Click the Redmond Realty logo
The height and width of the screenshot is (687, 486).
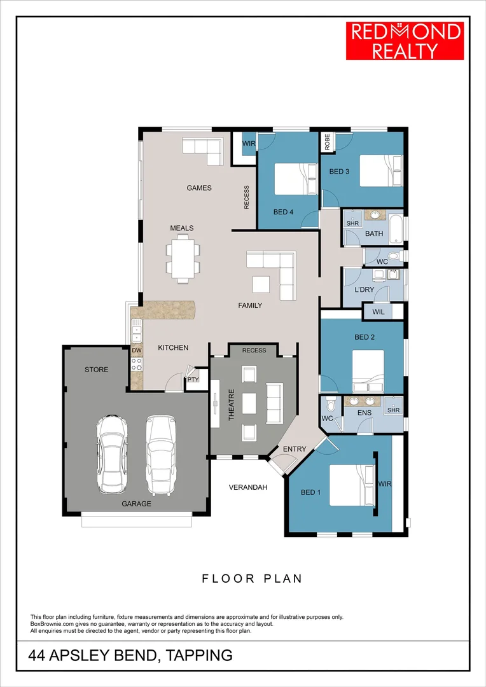tap(405, 41)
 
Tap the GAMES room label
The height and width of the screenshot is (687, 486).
tap(199, 188)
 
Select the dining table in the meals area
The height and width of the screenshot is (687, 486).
tap(183, 258)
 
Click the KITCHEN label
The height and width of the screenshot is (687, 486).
tap(173, 347)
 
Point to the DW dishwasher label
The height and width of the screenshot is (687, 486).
tap(137, 350)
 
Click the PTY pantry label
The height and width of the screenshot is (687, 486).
tap(193, 379)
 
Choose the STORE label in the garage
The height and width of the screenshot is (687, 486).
tap(97, 370)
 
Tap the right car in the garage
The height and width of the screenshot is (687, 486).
tap(161, 455)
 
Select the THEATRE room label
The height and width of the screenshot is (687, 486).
tap(232, 405)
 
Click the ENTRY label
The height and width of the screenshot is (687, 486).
tap(295, 449)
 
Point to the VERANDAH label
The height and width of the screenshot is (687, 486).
tap(248, 487)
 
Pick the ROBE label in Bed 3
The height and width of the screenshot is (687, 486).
tap(327, 141)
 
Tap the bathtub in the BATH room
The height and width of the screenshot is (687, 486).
tap(396, 229)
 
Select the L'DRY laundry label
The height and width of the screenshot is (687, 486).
tap(364, 289)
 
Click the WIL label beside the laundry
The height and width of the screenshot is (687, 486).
tap(378, 312)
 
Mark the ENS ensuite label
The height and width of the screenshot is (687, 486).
tap(364, 413)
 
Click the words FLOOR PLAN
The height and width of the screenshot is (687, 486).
tap(252, 578)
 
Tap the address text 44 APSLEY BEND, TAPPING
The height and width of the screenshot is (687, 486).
tap(130, 655)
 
